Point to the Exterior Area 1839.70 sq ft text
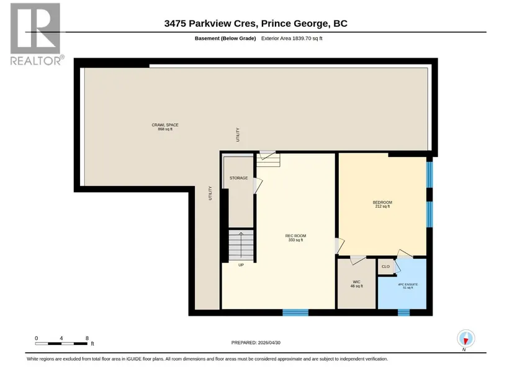point(292,38)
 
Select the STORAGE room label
point(238,178)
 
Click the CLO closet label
point(385,267)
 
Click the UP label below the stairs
point(241,265)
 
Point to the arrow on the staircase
point(241,245)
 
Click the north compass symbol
point(465,339)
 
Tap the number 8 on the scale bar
point(87,338)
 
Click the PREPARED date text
point(256,342)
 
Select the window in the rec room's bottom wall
point(295,313)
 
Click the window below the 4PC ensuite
point(403,313)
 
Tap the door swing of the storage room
point(258,185)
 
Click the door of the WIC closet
point(358,259)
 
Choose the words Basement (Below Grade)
point(225,38)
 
